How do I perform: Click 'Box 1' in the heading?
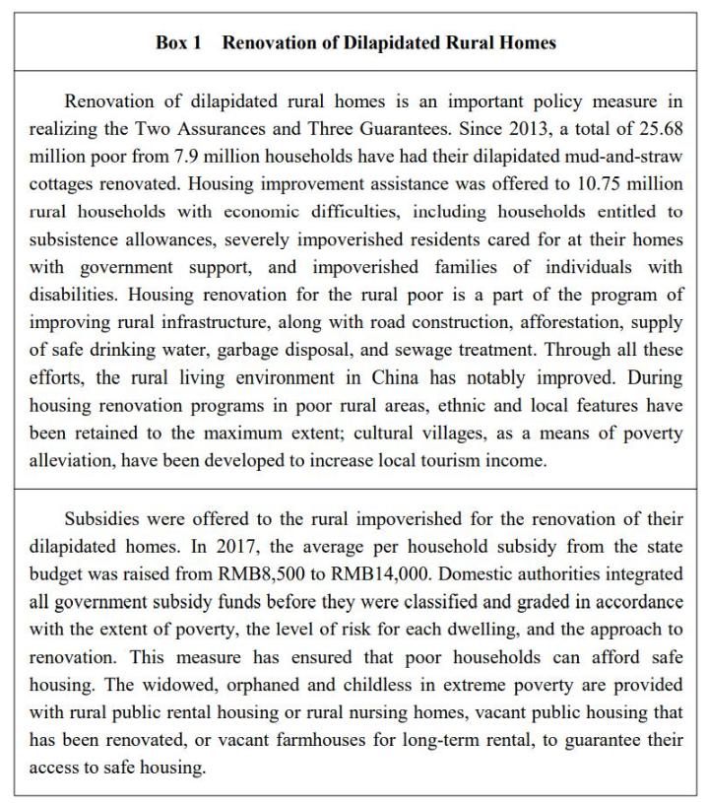[179, 42]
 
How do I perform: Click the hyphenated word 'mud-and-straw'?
[618, 157]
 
